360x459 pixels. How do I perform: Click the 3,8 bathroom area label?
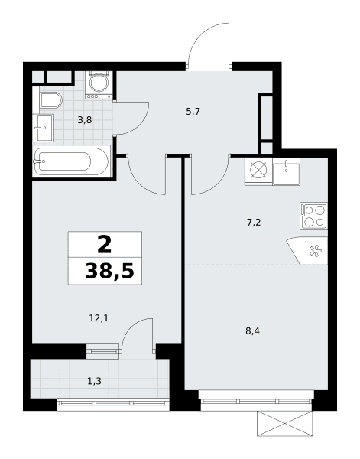coord(85,120)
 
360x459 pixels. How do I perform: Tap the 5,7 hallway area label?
coord(193,112)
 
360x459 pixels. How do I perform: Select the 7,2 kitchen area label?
coord(254,223)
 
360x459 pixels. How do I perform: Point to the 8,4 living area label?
coord(253,331)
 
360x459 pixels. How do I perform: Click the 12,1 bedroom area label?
coord(99,318)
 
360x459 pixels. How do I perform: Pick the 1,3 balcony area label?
coord(95,381)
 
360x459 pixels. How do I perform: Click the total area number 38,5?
coord(109,271)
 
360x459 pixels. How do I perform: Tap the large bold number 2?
coord(105,245)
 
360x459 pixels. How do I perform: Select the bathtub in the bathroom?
coord(71,161)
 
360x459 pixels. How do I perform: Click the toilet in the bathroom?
coord(50,100)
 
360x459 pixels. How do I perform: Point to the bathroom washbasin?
coord(45,128)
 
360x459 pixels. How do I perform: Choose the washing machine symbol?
coord(99,84)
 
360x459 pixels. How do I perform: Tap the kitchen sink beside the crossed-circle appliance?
coord(287,171)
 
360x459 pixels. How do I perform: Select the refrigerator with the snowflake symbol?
coord(315,251)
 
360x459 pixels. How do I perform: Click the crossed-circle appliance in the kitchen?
coord(258,171)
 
